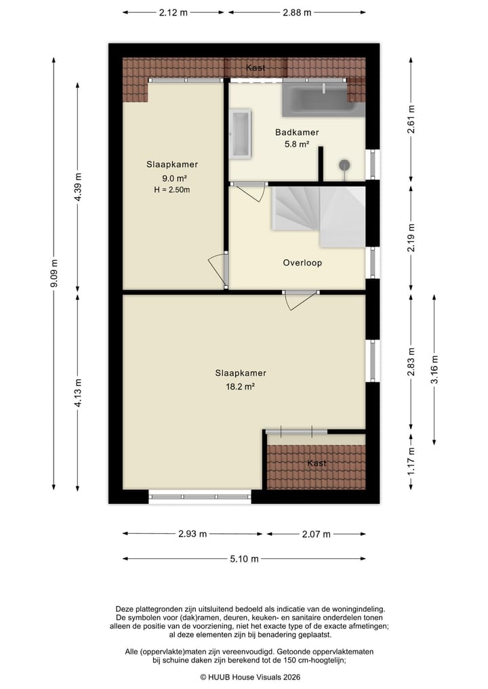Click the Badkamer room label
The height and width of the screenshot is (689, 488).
click(x=297, y=133)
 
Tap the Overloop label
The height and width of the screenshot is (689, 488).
click(x=302, y=263)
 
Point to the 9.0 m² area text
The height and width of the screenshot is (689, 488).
click(x=172, y=178)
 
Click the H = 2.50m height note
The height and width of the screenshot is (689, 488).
click(x=172, y=190)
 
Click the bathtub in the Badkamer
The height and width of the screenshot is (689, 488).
click(x=323, y=98)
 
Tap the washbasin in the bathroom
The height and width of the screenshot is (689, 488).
click(x=241, y=133)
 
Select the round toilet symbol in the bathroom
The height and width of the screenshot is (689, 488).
click(x=344, y=165)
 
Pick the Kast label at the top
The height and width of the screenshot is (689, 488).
click(x=256, y=68)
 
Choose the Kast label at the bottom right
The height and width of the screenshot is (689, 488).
click(x=317, y=463)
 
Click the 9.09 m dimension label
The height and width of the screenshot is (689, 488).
click(x=54, y=274)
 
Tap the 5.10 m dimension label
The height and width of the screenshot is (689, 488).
click(x=245, y=559)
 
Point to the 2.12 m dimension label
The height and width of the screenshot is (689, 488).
click(x=173, y=12)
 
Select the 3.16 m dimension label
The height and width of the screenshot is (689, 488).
click(x=434, y=369)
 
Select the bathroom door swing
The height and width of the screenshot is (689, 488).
click(x=252, y=191)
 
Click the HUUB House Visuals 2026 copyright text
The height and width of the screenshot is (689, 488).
click(x=250, y=677)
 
